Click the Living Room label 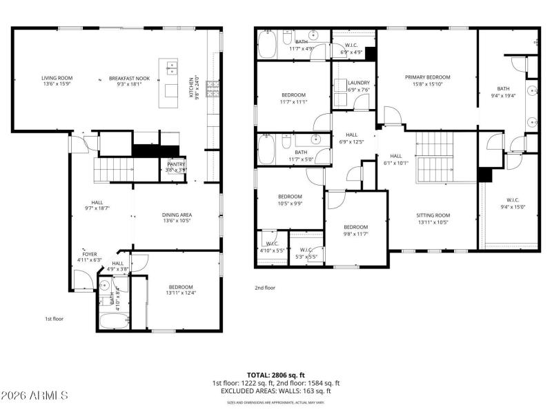click(x=57, y=78)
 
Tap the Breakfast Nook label click(x=129, y=78)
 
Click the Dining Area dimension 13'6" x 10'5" click(x=177, y=221)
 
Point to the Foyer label click(x=90, y=254)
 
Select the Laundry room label click(x=359, y=82)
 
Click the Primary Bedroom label click(x=427, y=77)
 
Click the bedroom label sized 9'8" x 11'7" click(x=356, y=227)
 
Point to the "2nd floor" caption click(x=265, y=288)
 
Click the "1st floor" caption click(x=53, y=319)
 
